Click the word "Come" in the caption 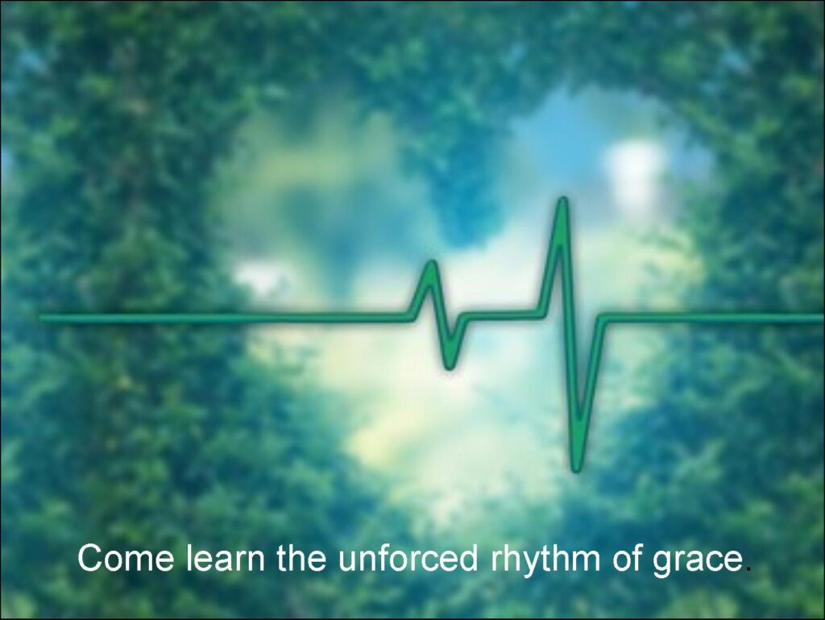pyautogui.click(x=125, y=558)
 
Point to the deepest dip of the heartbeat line pyautogui.click(x=577, y=468)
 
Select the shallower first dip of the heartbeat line pyautogui.click(x=449, y=365)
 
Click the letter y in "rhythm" pyautogui.click(x=533, y=564)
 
